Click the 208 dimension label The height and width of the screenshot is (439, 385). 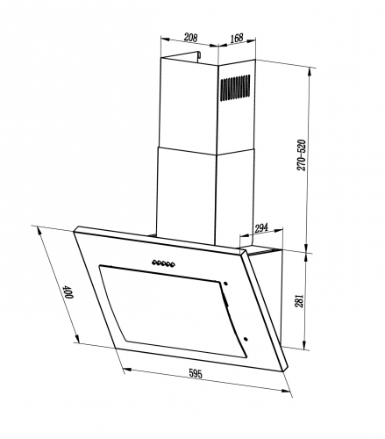coord(190,38)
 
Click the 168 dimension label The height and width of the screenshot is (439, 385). coord(237,38)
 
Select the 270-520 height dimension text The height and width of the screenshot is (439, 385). coord(301,155)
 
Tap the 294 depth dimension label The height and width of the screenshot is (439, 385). coord(261,228)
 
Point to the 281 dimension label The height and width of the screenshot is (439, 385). coord(300,300)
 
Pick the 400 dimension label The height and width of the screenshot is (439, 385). coord(69,291)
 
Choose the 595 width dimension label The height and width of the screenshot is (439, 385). coord(196,373)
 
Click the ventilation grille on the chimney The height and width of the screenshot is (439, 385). coord(235,88)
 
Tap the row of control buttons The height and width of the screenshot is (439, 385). coord(163,263)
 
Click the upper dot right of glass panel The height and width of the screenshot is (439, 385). coord(225,284)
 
